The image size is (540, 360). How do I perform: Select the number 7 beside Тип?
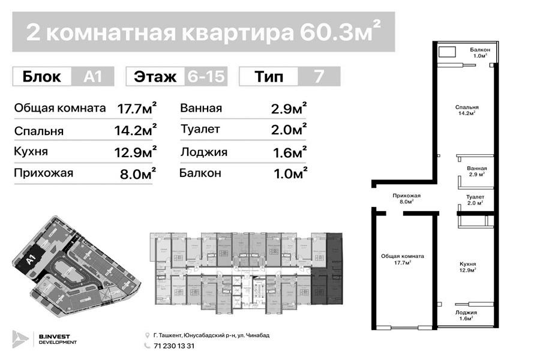[319, 77]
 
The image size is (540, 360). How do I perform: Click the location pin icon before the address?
[148, 335]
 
